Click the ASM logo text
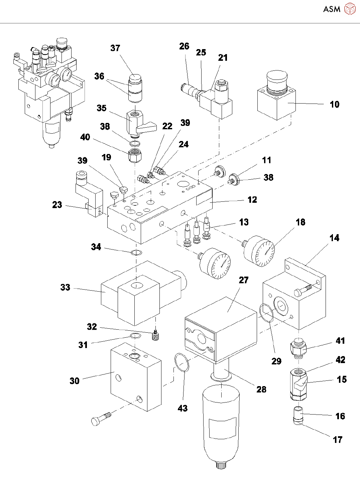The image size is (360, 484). tap(332, 9)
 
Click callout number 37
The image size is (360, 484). tap(115, 48)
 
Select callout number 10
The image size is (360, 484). tap(335, 105)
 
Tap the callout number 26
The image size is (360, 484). tap(184, 46)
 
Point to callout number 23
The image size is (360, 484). tap(57, 205)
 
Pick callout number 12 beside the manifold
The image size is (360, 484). tap(252, 200)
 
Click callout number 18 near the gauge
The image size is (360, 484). tap(301, 222)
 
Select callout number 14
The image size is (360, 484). tap(334, 238)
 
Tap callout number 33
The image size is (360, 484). tap(65, 287)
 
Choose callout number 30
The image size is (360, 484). tap(75, 381)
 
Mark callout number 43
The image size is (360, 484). tap(183, 408)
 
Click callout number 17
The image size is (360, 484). tap(338, 440)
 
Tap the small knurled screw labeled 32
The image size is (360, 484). tap(155, 336)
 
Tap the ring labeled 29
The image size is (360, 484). tap(266, 313)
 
